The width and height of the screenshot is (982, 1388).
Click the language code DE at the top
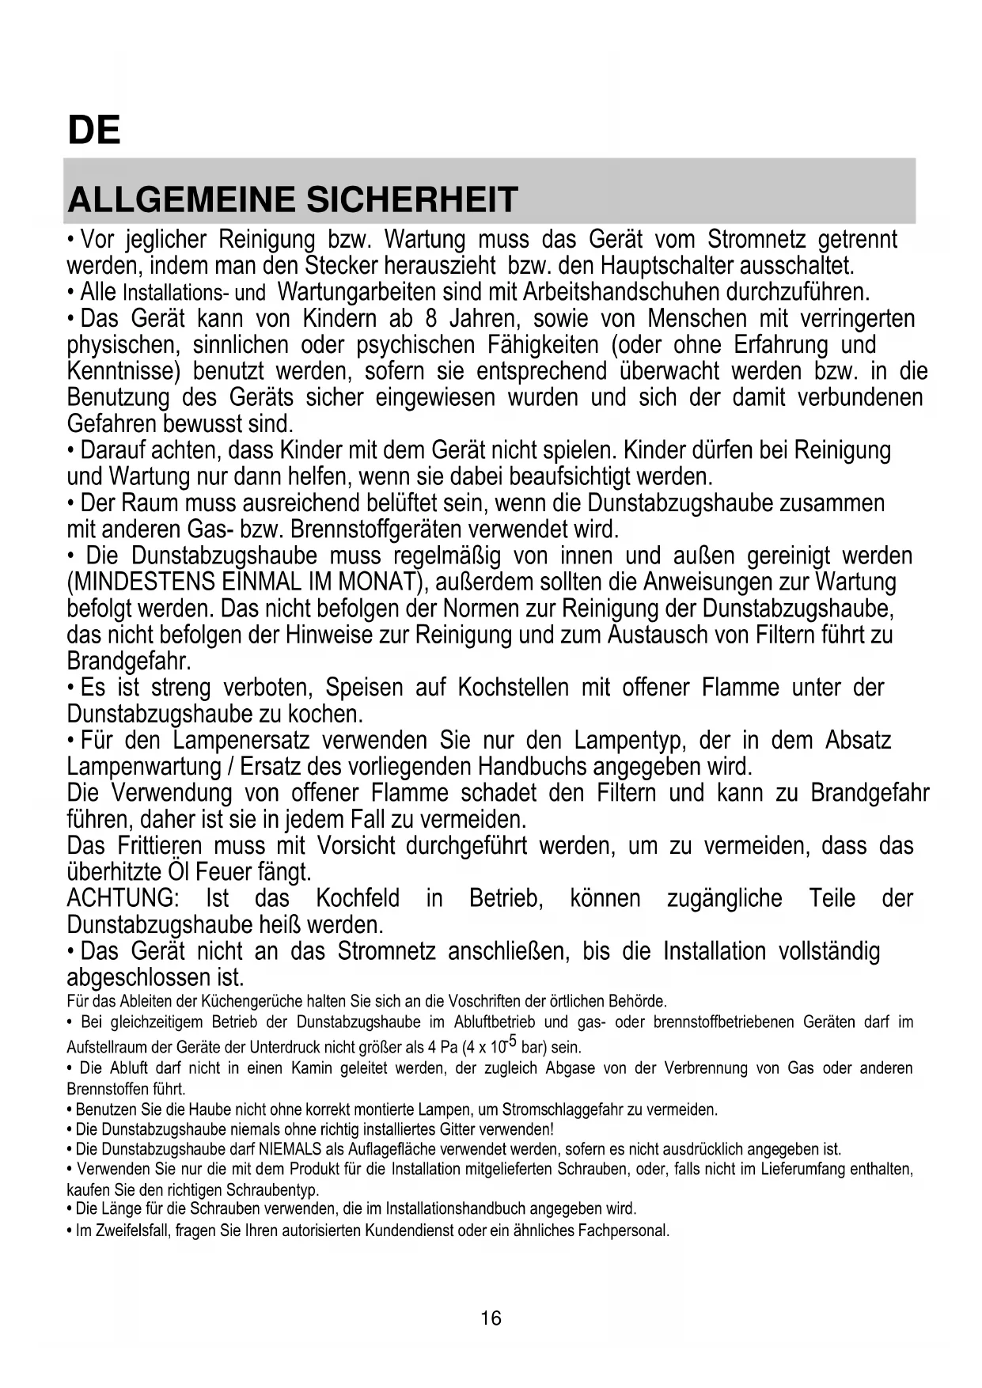click(94, 130)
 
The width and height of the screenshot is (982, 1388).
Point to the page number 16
click(491, 1318)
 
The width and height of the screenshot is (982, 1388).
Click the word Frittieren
click(158, 846)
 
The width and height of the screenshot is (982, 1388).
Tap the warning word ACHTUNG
click(122, 899)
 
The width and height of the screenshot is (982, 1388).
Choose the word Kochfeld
click(358, 899)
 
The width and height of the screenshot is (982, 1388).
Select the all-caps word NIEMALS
click(283, 1149)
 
